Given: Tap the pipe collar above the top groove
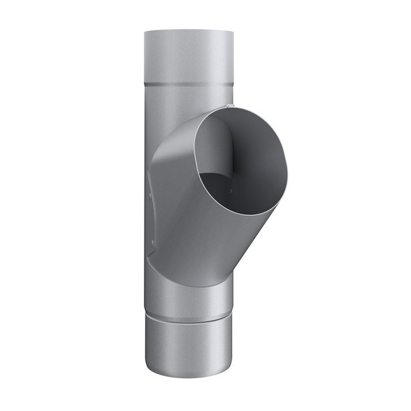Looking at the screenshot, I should point(190,58).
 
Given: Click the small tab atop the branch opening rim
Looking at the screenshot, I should point(228,106).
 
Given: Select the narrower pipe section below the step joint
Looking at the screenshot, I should point(190,349).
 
